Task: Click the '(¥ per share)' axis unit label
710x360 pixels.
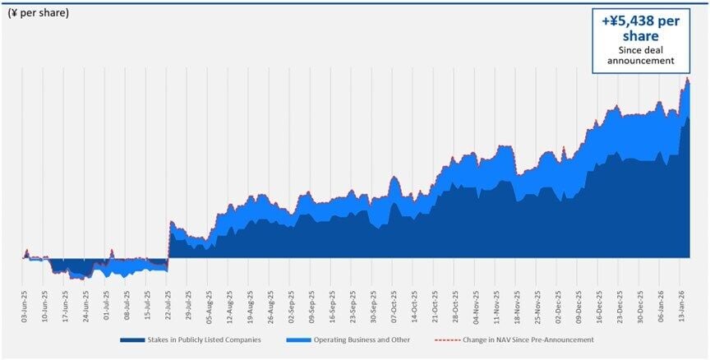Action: (x=38, y=13)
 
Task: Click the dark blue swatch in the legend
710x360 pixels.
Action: (x=132, y=339)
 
